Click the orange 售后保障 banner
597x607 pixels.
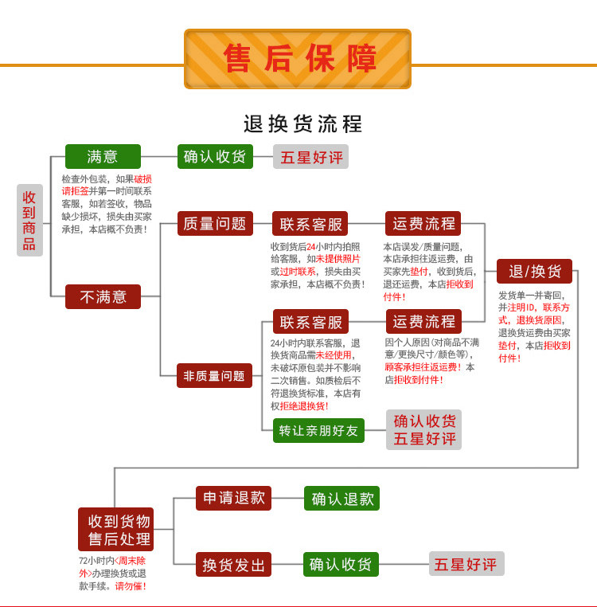point(298,59)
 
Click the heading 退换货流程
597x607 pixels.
point(302,124)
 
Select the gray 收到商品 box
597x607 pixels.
point(29,220)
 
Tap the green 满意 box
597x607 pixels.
point(103,156)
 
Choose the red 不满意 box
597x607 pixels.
point(103,296)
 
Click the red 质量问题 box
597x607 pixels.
point(215,224)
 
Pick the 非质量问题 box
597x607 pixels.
point(215,375)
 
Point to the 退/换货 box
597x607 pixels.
point(534,271)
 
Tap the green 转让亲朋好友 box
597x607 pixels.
point(318,431)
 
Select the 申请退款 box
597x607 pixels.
point(234,498)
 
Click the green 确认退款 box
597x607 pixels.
point(342,499)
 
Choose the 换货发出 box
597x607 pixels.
point(234,565)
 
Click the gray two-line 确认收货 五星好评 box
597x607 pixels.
point(424,429)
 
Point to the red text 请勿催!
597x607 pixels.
point(131,586)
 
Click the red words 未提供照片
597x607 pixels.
point(338,259)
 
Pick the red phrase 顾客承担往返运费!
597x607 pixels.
point(423,367)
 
